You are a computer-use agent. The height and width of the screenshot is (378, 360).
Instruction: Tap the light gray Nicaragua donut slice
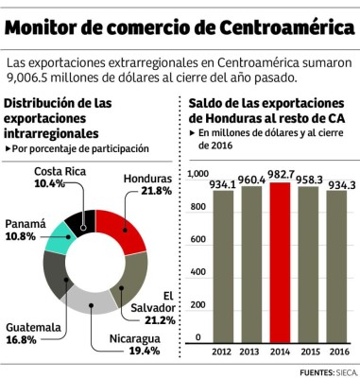[92, 302]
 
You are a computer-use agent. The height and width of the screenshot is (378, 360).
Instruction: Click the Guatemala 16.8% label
[33, 334]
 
